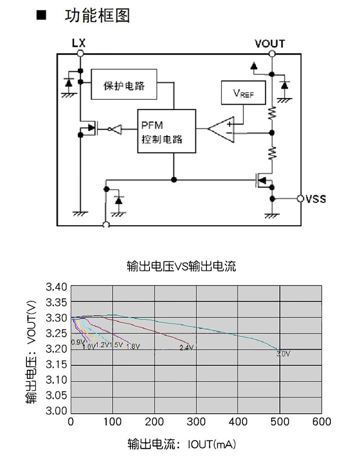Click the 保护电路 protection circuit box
coord(124,84)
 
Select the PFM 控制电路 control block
coord(166,131)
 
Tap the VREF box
coord(243,93)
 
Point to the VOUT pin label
coord(270,44)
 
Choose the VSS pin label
coord(316,199)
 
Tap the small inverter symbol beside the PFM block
coord(116,129)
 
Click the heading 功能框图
coord(97,15)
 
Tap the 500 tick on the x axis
coord(280,422)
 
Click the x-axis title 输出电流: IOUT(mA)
coord(181,443)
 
